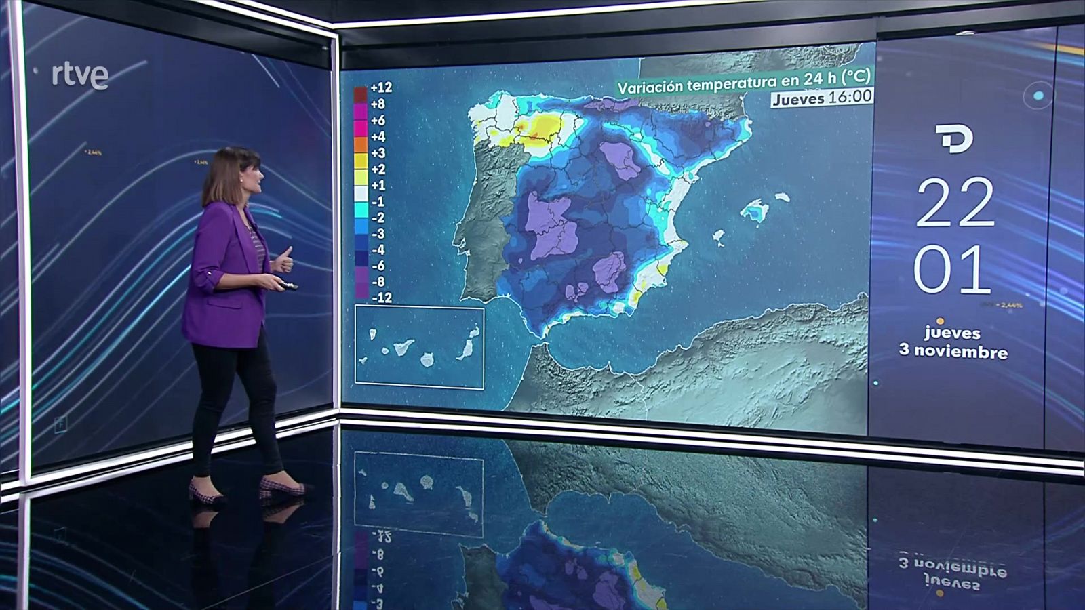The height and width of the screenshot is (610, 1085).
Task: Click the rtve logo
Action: (80, 76)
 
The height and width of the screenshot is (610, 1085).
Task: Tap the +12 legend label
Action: (380, 87)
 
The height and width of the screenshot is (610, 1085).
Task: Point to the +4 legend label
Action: (378, 137)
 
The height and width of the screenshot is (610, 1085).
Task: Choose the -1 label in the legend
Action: (378, 201)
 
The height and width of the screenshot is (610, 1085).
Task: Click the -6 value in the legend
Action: (378, 266)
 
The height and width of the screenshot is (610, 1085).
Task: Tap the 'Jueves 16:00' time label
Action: (822, 98)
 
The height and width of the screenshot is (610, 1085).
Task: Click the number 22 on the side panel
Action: (955, 203)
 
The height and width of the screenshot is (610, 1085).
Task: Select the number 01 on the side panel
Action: (952, 270)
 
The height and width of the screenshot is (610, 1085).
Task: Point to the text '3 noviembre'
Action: (953, 351)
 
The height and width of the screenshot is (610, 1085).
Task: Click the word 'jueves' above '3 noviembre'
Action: (952, 333)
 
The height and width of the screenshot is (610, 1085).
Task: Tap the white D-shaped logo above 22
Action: (954, 139)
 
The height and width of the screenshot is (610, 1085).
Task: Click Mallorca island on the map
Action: (754, 210)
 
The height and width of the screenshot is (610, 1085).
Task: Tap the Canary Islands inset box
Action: (419, 348)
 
